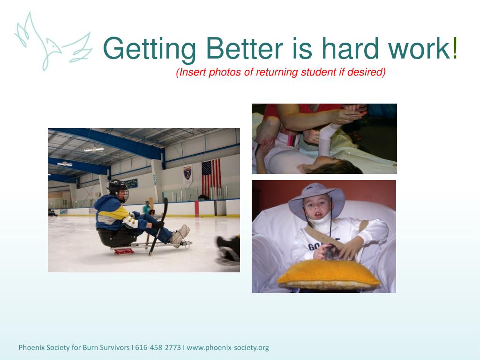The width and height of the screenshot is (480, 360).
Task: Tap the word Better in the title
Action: tap(244, 48)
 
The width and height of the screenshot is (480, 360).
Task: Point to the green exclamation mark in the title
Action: tap(455, 48)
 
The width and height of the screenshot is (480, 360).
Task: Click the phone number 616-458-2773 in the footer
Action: tap(158, 348)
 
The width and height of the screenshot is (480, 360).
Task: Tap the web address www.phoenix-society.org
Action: tap(228, 348)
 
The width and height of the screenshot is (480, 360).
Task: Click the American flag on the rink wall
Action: tap(211, 178)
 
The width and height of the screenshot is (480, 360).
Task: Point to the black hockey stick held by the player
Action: tap(158, 226)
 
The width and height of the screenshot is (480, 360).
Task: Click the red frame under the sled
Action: tap(124, 251)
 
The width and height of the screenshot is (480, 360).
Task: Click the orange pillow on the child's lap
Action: tap(329, 274)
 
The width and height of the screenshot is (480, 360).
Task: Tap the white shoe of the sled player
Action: tap(180, 235)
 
